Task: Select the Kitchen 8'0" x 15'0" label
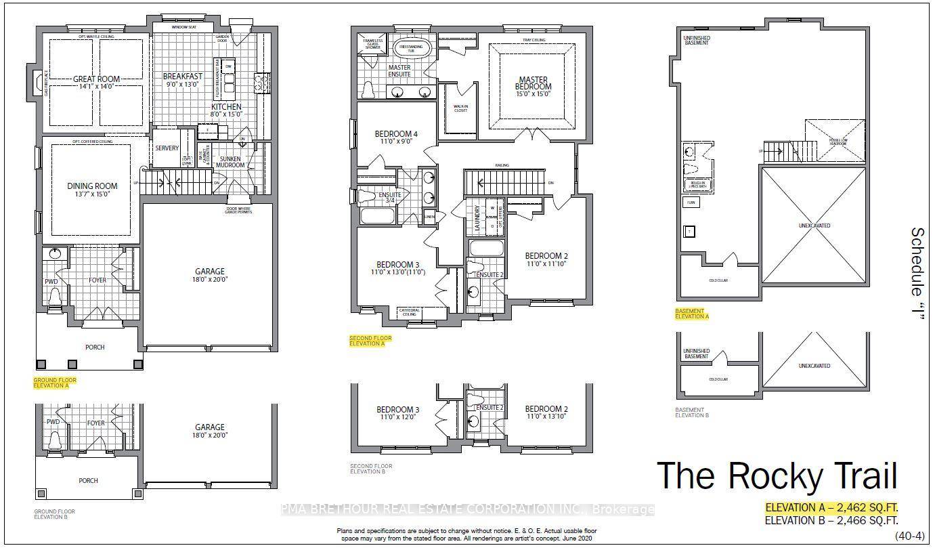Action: tap(226, 111)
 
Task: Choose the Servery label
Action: tap(167, 148)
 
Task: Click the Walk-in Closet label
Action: tap(460, 108)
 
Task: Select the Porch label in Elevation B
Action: tap(88, 481)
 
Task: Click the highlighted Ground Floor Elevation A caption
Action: tap(55, 383)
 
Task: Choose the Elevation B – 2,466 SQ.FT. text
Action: tap(831, 521)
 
